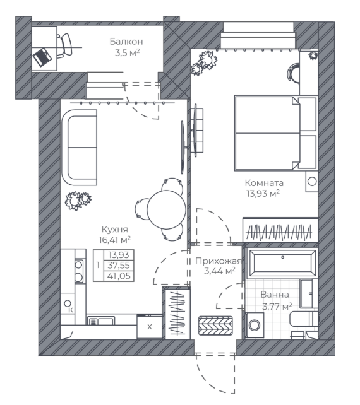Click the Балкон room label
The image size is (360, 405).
[126, 42]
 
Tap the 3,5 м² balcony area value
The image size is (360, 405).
[128, 53]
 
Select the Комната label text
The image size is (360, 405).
[264, 183]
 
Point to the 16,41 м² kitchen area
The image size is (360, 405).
[114, 240]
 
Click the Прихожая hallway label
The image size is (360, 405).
[219, 261]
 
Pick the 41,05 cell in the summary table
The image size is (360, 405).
[119, 276]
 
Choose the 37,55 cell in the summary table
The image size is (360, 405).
[119, 265]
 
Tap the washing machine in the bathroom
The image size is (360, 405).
[255, 325]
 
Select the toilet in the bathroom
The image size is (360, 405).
[303, 319]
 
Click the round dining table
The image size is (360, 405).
[167, 209]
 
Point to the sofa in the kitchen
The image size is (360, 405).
[80, 147]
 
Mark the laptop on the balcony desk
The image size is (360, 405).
[42, 57]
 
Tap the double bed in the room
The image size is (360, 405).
[276, 133]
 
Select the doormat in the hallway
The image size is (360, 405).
[215, 326]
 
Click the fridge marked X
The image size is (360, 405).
[150, 327]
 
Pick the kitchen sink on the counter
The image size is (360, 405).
[101, 321]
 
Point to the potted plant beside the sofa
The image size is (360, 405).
[78, 201]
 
